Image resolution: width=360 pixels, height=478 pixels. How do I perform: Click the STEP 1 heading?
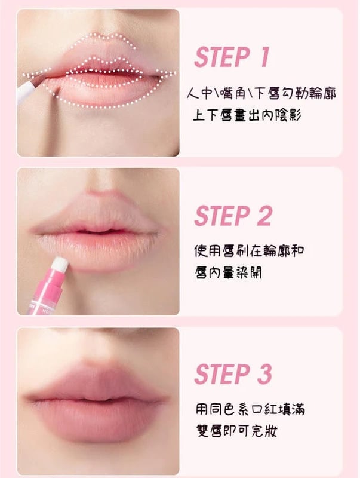coord(232,57)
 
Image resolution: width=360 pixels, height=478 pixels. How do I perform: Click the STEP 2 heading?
coord(233,216)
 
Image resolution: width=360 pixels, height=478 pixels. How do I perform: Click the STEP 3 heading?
coord(233,374)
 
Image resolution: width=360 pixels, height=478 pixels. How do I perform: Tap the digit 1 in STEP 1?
coord(264,57)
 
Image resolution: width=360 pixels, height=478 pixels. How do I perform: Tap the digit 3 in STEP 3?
coord(264,374)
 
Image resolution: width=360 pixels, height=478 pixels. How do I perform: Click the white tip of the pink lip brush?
coord(60,263)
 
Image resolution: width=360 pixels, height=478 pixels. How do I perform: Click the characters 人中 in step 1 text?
coord(199,93)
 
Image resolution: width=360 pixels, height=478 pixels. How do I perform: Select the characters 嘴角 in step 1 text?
coord(232,93)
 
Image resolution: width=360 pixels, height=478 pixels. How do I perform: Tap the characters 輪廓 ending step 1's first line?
coord(323,93)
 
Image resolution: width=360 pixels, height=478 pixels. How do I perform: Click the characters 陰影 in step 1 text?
coord(288,116)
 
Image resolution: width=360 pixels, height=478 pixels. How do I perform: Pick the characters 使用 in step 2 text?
coord(207,250)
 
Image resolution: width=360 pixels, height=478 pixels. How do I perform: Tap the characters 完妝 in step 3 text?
coord(264,431)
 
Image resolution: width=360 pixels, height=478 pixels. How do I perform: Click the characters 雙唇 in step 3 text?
coord(209,431)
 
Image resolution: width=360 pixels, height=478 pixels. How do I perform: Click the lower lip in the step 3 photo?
coord(97,417)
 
